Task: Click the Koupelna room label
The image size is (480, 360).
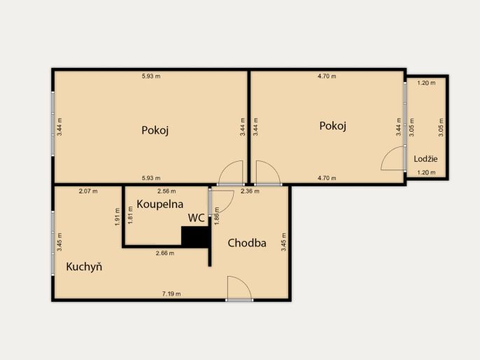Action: [x=160, y=204]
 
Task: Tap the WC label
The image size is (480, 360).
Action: [x=196, y=218]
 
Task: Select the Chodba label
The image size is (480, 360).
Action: [x=247, y=243]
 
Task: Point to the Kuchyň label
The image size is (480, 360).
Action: [x=84, y=267]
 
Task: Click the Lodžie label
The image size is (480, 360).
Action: [x=425, y=159]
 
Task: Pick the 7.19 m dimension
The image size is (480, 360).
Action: [x=171, y=294]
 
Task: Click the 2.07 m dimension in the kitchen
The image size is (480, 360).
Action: [x=88, y=191]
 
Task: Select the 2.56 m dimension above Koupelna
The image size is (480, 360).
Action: [x=167, y=191]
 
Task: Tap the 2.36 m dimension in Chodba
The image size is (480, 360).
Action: [x=250, y=191]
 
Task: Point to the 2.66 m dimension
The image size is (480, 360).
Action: [x=165, y=253]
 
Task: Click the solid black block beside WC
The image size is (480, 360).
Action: [x=195, y=237]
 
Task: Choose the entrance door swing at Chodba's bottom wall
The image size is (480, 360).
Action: [x=239, y=288]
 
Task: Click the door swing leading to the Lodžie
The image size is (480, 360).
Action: [x=393, y=158]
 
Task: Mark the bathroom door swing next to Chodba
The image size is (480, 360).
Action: [x=223, y=202]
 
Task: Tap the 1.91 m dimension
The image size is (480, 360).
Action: [x=117, y=217]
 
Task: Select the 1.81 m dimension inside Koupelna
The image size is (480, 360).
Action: [x=130, y=215]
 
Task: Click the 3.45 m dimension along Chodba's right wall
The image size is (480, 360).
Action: [x=283, y=242]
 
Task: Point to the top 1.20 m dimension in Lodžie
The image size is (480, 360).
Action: [x=426, y=83]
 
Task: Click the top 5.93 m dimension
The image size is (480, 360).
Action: [x=151, y=76]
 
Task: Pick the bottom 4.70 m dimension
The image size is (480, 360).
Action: [x=327, y=178]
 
